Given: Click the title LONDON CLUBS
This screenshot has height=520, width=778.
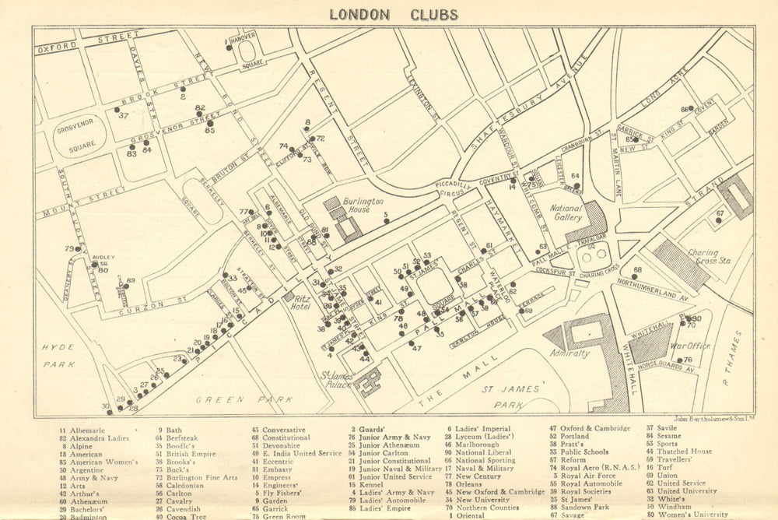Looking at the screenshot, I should pyautogui.click(x=393, y=14).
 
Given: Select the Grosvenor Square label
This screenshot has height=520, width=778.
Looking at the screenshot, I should pyautogui.click(x=79, y=136).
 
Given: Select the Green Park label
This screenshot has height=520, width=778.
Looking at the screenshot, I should pyautogui.click(x=220, y=399).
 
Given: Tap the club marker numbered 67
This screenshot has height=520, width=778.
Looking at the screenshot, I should pyautogui.click(x=719, y=220).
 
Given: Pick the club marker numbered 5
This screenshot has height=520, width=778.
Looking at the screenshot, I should pyautogui.click(x=384, y=221).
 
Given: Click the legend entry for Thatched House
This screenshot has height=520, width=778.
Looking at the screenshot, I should pyautogui.click(x=684, y=451).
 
